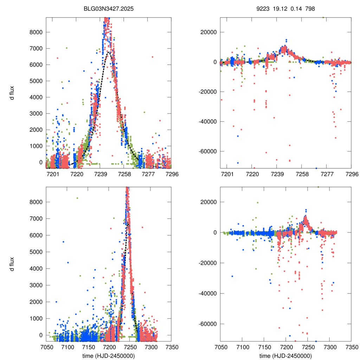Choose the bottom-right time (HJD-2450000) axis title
click(x=285, y=356)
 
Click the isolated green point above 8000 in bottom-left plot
click(x=77, y=198)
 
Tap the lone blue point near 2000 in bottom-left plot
click(x=56, y=302)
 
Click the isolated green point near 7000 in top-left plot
click(x=66, y=48)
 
